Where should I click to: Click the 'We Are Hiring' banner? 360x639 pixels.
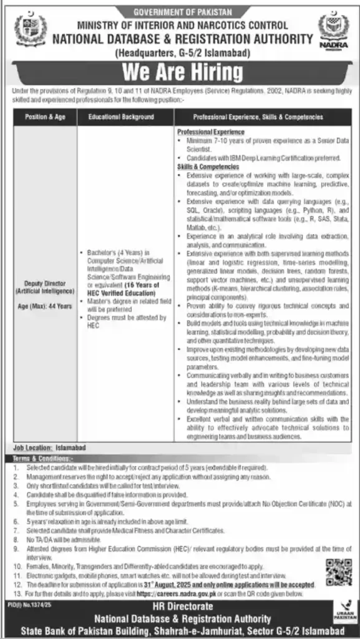pos(180,72)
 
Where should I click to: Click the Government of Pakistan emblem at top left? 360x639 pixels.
pos(30,31)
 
